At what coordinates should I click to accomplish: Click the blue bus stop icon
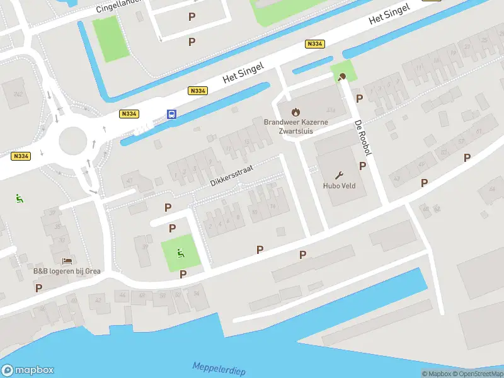(x=171, y=114)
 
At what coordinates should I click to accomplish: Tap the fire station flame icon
(x=288, y=112)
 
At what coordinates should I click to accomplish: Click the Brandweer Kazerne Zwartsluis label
(x=288, y=127)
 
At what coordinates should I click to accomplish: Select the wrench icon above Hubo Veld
(x=340, y=175)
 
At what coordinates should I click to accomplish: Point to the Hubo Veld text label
(x=340, y=186)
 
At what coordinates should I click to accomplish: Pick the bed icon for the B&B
(x=67, y=261)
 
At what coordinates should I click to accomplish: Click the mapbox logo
(x=27, y=370)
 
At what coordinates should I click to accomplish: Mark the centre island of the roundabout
(x=72, y=140)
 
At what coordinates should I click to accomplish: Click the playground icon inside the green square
(x=181, y=254)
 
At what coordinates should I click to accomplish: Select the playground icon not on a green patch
(x=20, y=198)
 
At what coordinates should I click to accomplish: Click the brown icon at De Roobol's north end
(x=341, y=77)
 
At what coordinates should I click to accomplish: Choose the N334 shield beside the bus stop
(x=129, y=113)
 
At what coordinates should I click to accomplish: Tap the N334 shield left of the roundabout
(x=21, y=156)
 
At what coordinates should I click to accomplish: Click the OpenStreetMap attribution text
(x=476, y=374)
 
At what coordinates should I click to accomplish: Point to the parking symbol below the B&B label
(x=38, y=288)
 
